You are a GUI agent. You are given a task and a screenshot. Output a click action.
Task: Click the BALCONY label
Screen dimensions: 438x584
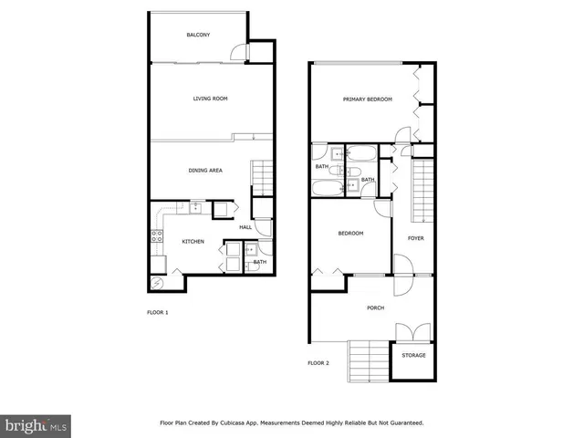coord(198,35)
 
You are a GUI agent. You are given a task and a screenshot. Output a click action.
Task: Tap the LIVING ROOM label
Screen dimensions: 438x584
coord(210,99)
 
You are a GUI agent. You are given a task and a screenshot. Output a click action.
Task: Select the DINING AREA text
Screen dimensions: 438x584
coord(205,171)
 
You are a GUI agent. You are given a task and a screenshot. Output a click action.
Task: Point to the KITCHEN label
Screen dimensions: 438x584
coord(193,242)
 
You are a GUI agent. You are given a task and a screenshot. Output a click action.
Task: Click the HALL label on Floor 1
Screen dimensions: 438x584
coord(245,228)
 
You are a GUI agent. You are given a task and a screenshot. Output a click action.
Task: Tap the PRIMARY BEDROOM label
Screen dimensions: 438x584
coord(367,99)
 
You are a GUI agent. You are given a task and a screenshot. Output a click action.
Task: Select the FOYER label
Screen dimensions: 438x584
coord(415,238)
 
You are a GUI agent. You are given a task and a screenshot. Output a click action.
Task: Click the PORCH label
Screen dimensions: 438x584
coord(375,308)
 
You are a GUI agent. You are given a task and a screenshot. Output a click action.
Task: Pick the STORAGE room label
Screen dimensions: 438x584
coord(413,355)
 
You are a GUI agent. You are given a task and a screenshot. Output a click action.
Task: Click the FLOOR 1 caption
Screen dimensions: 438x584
coord(158,313)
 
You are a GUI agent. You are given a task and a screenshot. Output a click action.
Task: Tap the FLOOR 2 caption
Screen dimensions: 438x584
coord(318,363)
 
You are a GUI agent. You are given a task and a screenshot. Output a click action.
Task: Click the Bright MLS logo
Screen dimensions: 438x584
coord(36,425)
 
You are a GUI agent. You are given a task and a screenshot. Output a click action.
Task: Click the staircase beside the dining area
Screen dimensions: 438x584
coord(262,173)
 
